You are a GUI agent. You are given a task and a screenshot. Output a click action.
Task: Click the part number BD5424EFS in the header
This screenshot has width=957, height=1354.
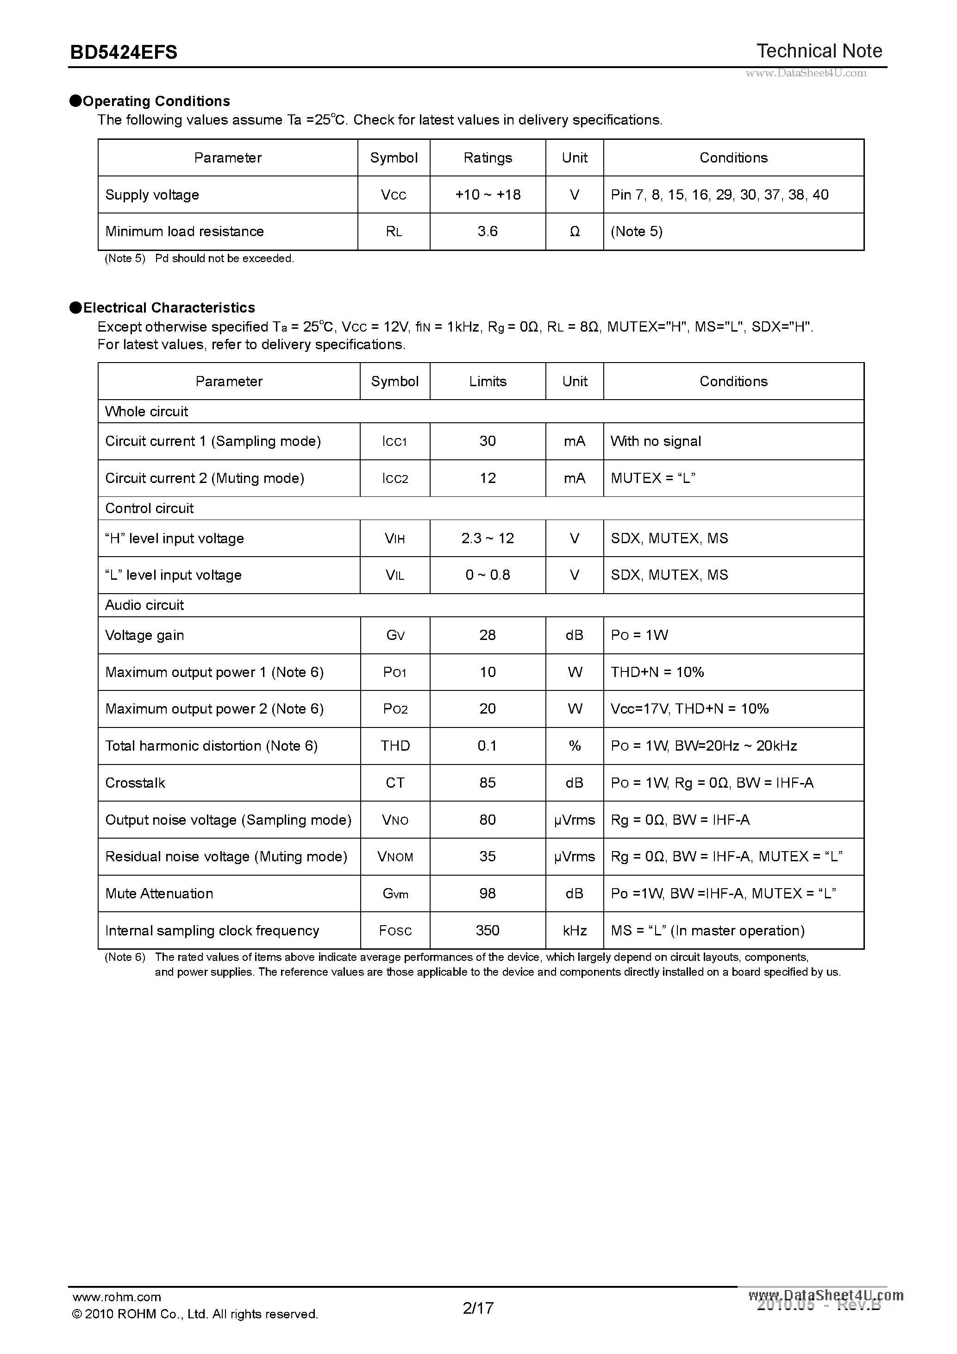click(123, 52)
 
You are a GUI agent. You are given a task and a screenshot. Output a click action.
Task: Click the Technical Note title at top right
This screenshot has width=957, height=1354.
click(819, 51)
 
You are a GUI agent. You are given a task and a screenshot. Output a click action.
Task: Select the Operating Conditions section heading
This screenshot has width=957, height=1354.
click(156, 101)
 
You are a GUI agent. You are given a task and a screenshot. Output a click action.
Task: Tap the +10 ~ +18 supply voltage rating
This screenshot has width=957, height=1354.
click(488, 194)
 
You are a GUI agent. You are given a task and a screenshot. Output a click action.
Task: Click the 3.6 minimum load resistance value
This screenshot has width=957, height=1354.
click(488, 231)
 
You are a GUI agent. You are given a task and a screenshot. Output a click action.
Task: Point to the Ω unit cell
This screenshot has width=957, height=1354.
click(574, 232)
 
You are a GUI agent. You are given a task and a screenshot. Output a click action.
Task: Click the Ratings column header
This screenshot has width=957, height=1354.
click(488, 157)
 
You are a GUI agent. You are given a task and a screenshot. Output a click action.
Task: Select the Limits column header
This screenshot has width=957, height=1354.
click(488, 381)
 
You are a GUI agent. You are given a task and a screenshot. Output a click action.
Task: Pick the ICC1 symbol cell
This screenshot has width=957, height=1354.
click(394, 442)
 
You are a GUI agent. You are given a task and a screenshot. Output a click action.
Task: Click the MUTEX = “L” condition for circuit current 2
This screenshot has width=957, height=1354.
click(653, 478)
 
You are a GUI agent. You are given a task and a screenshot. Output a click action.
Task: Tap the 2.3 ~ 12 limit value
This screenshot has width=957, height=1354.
click(488, 539)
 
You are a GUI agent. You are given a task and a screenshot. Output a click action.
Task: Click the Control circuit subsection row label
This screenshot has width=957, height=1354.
click(149, 508)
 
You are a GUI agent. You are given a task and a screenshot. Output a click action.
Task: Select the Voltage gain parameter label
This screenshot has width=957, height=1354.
click(144, 635)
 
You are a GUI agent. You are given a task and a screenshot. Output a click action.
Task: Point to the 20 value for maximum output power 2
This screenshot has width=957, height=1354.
click(488, 709)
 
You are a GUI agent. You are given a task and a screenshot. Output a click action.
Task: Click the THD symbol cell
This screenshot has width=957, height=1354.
click(395, 746)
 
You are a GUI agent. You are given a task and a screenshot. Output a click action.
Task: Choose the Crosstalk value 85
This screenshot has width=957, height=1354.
click(488, 783)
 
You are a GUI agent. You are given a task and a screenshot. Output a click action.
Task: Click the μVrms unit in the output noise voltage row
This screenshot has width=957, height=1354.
click(574, 820)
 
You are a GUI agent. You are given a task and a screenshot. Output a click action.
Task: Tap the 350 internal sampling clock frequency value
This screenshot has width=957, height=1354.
click(488, 931)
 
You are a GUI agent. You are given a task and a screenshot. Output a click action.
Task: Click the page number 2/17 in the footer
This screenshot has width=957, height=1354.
click(478, 1308)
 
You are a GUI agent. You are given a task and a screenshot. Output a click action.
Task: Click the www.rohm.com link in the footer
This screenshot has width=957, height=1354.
click(117, 1297)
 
